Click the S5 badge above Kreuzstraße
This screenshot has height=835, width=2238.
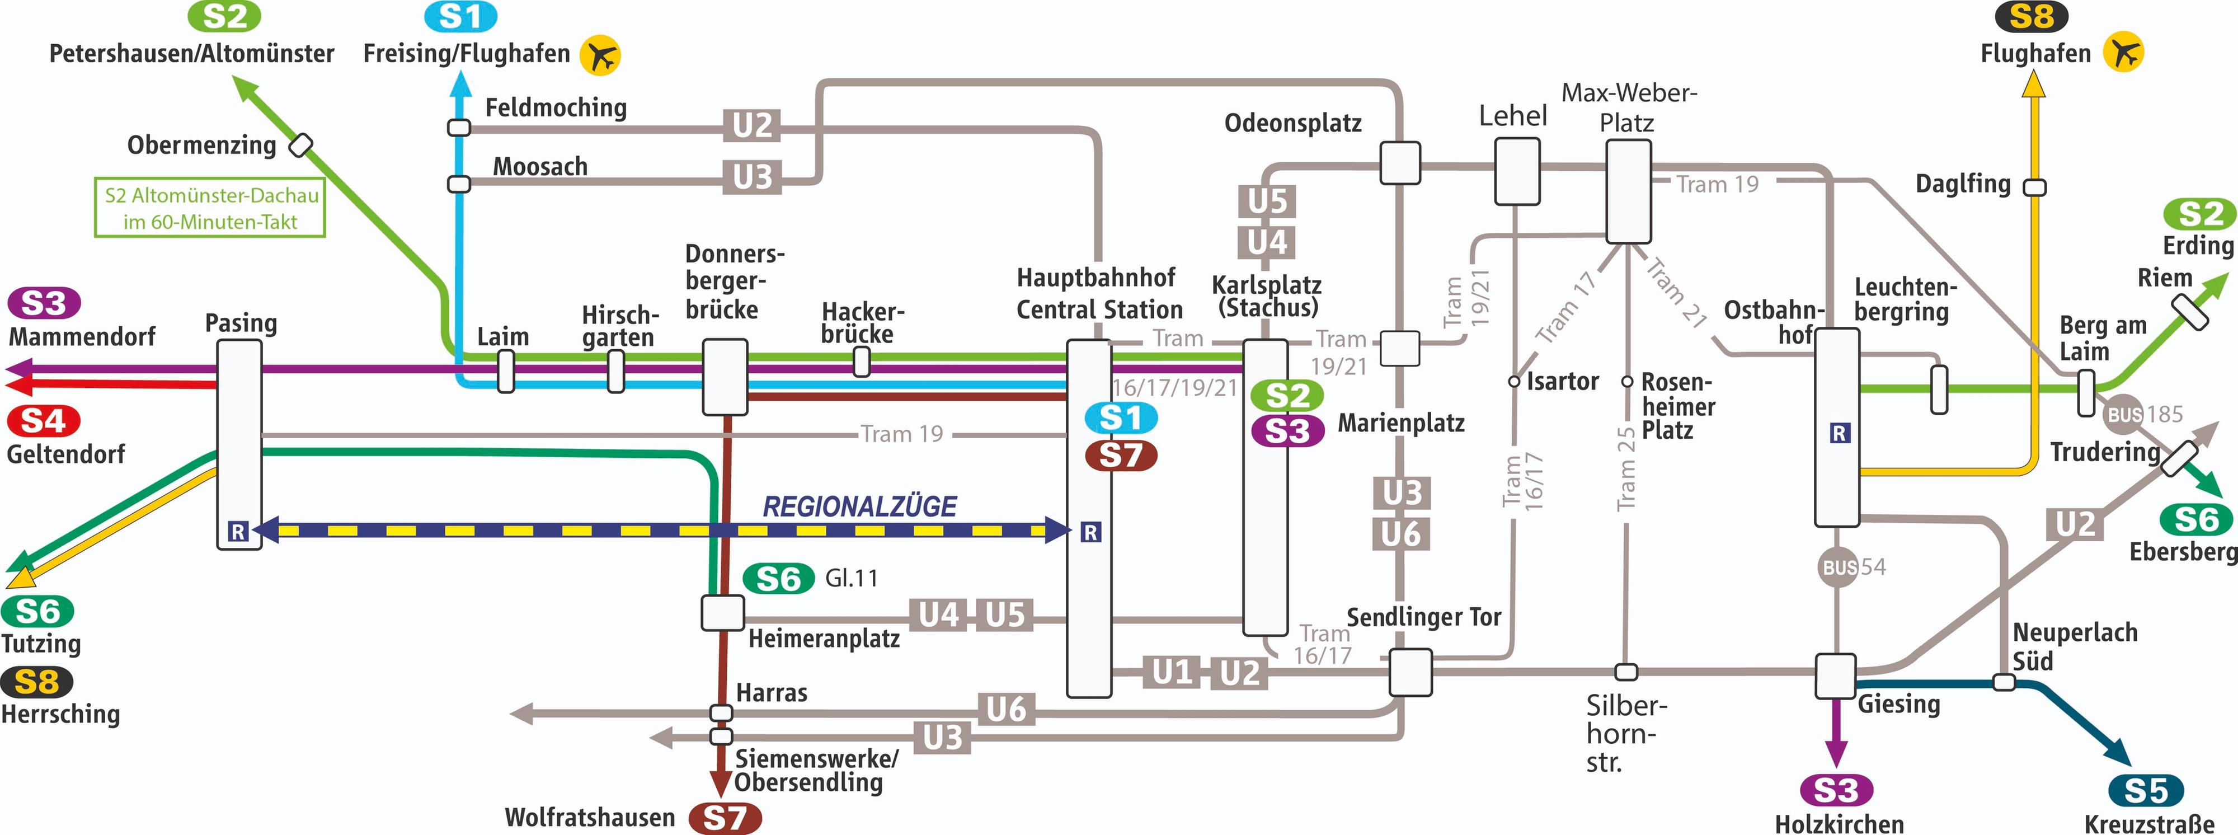click(x=2145, y=791)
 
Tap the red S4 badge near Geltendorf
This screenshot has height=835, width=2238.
click(x=44, y=420)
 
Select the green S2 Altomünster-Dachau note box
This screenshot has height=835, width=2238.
click(x=210, y=208)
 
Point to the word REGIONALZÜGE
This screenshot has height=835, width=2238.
click(x=859, y=506)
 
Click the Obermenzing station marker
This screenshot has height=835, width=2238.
click(x=300, y=144)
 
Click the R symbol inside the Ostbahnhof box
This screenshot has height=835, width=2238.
click(x=1839, y=433)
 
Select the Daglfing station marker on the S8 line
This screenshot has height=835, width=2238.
click(x=2035, y=187)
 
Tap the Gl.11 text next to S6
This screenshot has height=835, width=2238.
click(x=852, y=578)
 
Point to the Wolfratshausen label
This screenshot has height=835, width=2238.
click(x=589, y=818)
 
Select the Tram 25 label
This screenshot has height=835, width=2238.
click(x=1625, y=469)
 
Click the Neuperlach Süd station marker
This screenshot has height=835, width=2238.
click(x=2004, y=682)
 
